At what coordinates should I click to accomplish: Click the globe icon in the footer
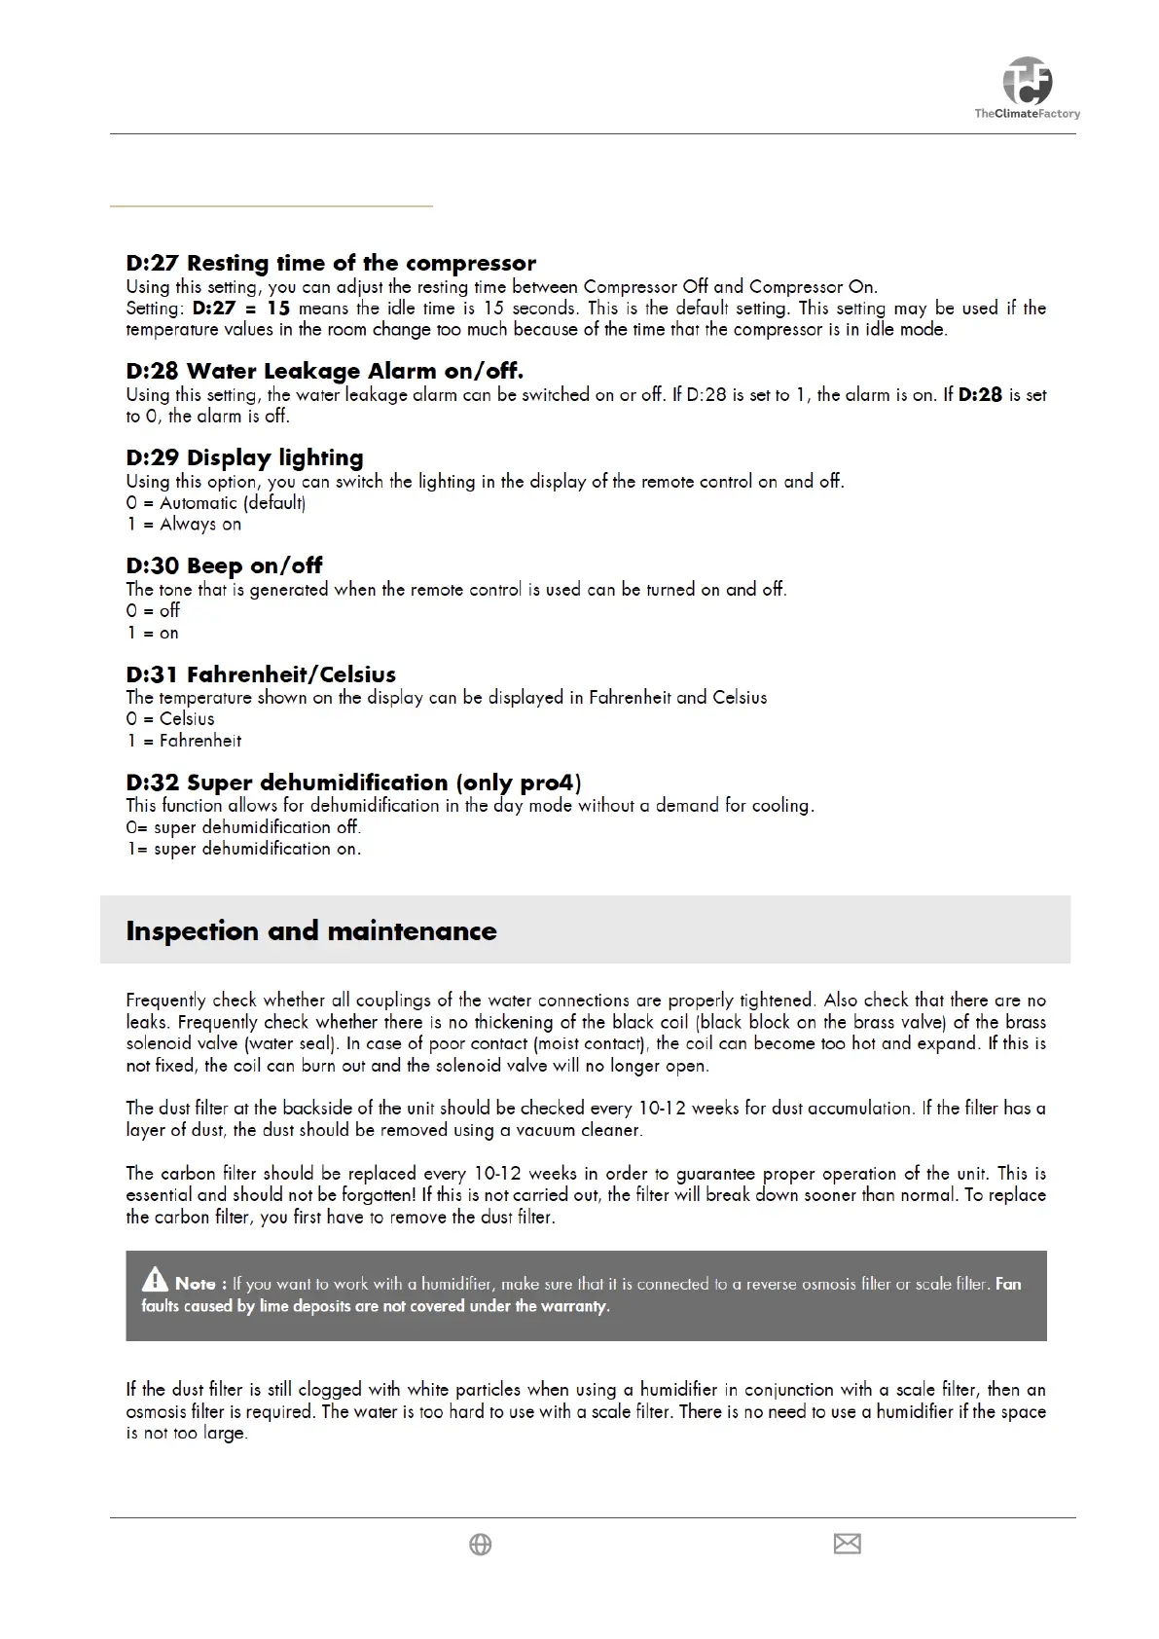(x=480, y=1545)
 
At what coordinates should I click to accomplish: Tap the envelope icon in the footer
(x=847, y=1544)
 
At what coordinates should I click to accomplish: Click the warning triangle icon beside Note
(x=155, y=1279)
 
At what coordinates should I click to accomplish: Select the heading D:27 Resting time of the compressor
(x=331, y=263)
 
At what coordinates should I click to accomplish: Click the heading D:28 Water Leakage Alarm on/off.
(x=324, y=371)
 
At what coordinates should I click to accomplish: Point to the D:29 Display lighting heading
(x=244, y=457)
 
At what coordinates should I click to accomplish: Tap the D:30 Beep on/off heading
(x=224, y=565)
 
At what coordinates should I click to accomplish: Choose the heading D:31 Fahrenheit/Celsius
(x=261, y=674)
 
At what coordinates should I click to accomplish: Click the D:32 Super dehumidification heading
(x=353, y=783)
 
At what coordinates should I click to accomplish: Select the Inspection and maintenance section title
(x=311, y=930)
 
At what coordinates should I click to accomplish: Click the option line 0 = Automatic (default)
(x=216, y=503)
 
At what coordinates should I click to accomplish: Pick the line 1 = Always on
(x=184, y=525)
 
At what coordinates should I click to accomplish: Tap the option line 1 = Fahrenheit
(x=184, y=741)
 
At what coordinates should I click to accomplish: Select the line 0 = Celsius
(x=170, y=719)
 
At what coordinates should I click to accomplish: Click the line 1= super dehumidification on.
(x=243, y=849)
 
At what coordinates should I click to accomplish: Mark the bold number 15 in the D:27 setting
(x=278, y=309)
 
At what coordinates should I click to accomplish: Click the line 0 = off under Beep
(x=153, y=611)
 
